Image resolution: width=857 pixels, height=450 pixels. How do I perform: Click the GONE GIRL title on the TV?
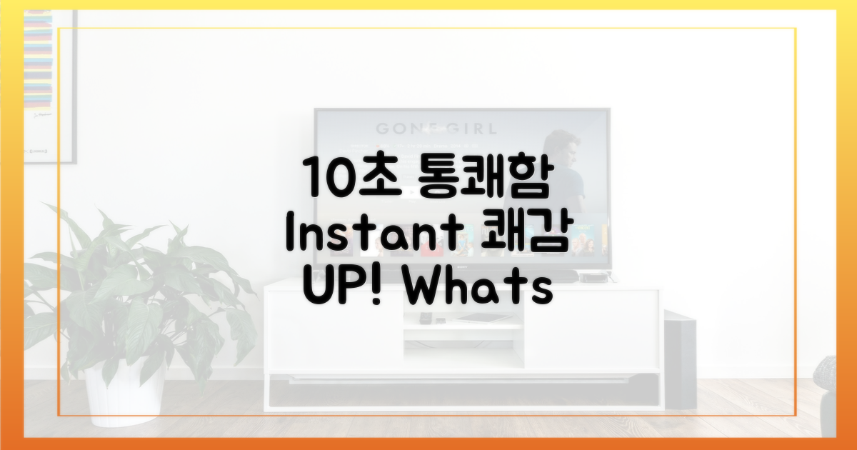point(436,129)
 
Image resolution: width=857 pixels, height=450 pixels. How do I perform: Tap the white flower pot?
point(125,394)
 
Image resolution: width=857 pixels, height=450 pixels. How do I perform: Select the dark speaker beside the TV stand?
point(680,360)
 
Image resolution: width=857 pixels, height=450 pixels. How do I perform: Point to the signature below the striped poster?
point(42,115)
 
